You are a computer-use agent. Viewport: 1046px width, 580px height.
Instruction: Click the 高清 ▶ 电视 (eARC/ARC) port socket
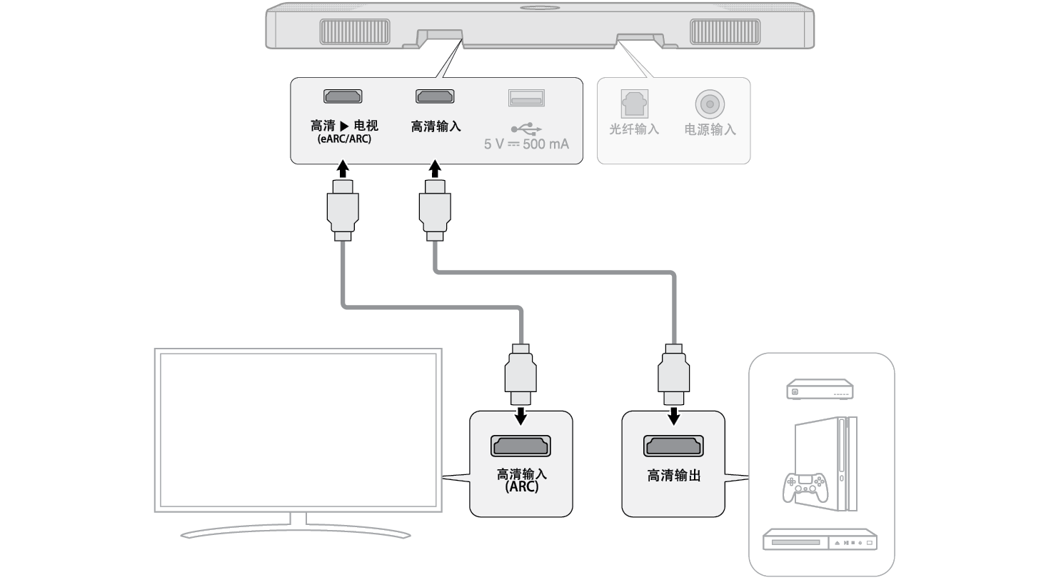pos(343,96)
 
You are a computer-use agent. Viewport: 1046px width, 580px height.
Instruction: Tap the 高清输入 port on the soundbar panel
pos(436,96)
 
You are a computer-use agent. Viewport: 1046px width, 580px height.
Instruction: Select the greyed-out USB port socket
pos(526,97)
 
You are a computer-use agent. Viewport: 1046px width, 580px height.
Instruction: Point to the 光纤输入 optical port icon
pos(633,104)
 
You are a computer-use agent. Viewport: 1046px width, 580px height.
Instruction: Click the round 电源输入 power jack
pos(709,104)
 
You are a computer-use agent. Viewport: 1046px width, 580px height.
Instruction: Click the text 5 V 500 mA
pos(527,144)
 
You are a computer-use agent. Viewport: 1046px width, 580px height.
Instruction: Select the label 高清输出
pos(674,476)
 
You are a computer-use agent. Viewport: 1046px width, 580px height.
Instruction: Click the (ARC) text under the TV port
pos(521,487)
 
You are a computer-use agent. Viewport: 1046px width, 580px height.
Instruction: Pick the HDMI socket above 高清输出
pos(674,446)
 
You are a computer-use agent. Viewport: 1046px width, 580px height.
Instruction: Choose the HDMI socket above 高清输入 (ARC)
pos(521,446)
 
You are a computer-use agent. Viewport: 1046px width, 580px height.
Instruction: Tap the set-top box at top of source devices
pos(820,390)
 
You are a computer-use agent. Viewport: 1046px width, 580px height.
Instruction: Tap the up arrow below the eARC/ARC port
pos(343,170)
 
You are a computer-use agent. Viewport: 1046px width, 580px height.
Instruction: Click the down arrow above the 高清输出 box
pos(674,414)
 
